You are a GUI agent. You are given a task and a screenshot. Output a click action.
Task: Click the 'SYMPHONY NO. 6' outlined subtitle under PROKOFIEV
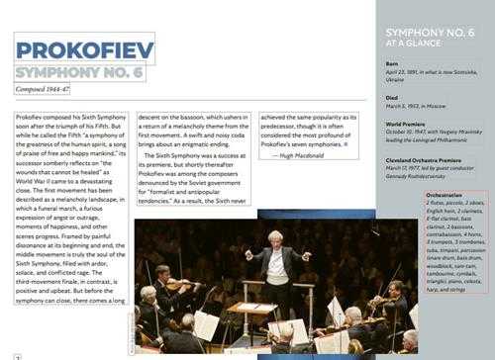[79, 71]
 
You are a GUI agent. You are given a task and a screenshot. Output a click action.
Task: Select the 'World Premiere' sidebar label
[410, 122]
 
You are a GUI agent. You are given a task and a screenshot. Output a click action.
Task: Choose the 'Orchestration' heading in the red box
[431, 195]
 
